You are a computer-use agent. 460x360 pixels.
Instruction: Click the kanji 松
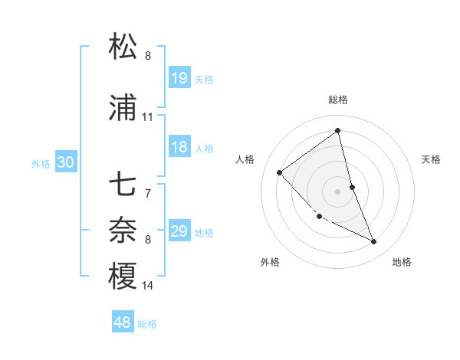[123, 47]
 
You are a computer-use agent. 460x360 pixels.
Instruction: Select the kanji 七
[123, 185]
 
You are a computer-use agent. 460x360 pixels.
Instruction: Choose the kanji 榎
[123, 277]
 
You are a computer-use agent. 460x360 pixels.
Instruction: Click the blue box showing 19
[179, 78]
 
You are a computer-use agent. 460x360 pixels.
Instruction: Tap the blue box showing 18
[179, 147]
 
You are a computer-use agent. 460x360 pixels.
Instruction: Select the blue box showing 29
[179, 231]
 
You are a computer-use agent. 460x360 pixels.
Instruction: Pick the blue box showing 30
[65, 162]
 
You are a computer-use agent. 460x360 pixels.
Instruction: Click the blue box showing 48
[123, 322]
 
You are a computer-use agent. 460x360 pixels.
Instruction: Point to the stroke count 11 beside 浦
[148, 117]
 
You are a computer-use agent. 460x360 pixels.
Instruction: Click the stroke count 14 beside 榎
[148, 286]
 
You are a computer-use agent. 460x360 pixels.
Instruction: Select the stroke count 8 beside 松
[148, 56]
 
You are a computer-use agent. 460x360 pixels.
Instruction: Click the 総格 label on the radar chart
[338, 100]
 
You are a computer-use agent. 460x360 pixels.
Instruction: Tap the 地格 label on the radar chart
[402, 262]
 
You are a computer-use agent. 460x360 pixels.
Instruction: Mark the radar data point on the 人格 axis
[280, 172]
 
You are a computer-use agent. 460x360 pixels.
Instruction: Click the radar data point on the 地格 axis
[374, 242]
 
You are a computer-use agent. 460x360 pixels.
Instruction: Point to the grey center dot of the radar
[338, 191]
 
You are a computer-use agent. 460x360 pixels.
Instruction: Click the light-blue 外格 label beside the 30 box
[41, 163]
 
